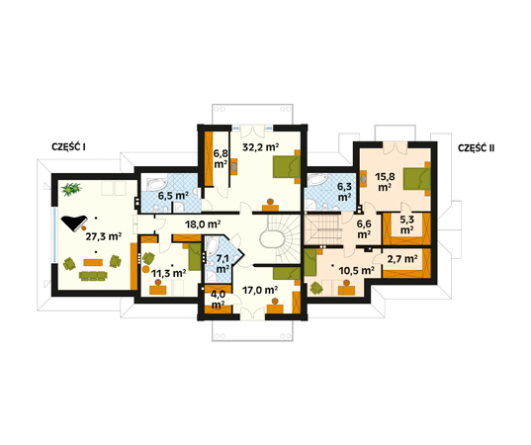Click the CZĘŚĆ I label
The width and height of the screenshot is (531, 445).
[x=68, y=147]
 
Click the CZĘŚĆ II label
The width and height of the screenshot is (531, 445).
[x=477, y=148]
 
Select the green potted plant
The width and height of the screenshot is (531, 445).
[x=71, y=189]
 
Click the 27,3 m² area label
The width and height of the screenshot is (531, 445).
[x=103, y=236]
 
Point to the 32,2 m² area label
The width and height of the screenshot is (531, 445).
[x=260, y=147]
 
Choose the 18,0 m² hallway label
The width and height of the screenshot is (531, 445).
[x=203, y=223]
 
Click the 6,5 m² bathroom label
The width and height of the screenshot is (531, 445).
[x=173, y=196]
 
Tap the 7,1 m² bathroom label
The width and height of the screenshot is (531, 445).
[x=222, y=263]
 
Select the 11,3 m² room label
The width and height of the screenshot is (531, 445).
[x=168, y=273]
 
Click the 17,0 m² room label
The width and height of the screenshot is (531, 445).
[x=260, y=290]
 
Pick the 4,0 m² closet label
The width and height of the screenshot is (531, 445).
[x=218, y=300]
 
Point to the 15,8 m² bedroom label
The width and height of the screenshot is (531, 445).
[x=385, y=182]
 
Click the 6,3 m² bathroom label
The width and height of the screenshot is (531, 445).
[x=344, y=192]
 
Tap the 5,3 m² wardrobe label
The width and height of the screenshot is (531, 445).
[x=406, y=224]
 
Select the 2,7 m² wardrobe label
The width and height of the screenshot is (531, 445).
[x=402, y=259]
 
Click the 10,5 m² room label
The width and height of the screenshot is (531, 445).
[x=356, y=270]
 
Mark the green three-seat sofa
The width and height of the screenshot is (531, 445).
[x=93, y=276]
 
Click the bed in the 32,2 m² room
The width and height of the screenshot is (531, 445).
[x=287, y=166]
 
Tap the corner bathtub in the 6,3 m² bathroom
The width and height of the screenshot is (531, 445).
[x=317, y=179]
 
